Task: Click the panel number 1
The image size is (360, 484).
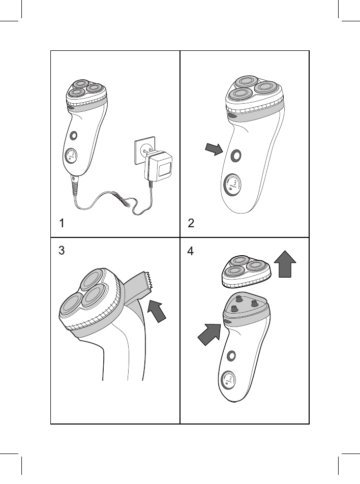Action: [x=62, y=223]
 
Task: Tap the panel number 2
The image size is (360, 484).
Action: [x=191, y=223]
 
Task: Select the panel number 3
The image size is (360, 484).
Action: [x=62, y=250]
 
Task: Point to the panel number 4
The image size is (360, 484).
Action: [x=191, y=251]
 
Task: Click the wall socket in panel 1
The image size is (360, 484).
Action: [x=144, y=152]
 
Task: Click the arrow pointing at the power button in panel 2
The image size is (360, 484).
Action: [x=214, y=149]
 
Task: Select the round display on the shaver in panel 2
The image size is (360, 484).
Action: [x=232, y=185]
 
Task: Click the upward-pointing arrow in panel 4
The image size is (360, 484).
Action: [x=285, y=264]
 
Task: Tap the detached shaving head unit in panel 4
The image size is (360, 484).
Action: [x=247, y=270]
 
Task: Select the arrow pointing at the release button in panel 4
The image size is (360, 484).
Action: [x=209, y=335]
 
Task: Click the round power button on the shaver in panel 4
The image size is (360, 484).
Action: [x=231, y=356]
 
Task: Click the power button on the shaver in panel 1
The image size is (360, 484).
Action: [x=74, y=135]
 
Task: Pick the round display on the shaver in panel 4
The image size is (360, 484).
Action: [x=228, y=380]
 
